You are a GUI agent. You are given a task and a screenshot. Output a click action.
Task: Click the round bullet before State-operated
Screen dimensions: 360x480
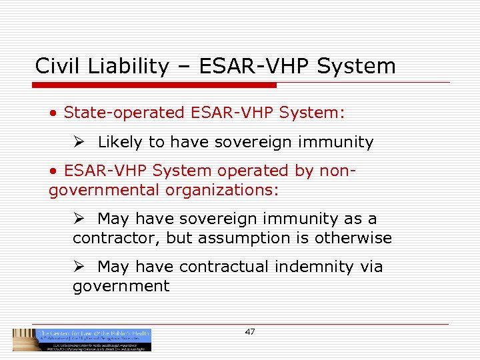click(x=53, y=113)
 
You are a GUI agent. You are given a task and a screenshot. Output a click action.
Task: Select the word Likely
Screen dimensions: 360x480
click(x=120, y=142)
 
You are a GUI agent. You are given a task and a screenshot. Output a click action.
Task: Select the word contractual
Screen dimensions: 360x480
click(x=225, y=267)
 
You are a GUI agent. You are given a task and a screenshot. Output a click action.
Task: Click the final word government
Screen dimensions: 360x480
click(x=121, y=286)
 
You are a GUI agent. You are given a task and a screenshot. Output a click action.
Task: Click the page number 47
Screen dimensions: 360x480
click(x=250, y=331)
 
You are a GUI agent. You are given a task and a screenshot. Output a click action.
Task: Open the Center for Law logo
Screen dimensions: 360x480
click(x=82, y=339)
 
